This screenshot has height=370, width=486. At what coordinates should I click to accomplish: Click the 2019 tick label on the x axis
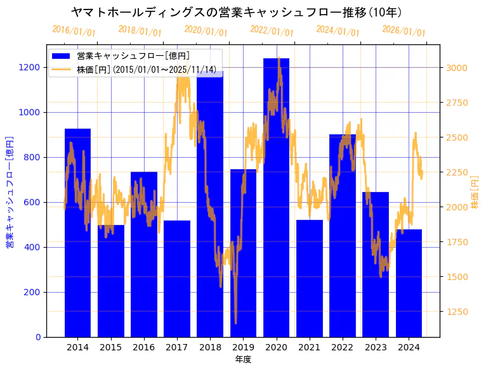click(243, 347)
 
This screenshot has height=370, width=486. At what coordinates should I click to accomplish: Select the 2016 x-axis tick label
click(144, 347)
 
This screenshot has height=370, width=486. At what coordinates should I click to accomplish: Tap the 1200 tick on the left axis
click(29, 68)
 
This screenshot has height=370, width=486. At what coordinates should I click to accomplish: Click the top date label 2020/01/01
click(206, 31)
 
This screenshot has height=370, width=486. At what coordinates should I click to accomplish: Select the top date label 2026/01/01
click(404, 32)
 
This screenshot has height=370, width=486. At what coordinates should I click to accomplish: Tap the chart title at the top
click(236, 12)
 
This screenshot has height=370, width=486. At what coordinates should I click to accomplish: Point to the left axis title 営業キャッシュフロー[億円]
click(10, 191)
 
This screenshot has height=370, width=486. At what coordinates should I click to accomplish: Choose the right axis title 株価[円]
click(475, 191)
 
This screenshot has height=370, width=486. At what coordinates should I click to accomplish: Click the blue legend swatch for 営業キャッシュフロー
click(61, 56)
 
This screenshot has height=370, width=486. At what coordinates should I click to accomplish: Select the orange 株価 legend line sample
click(61, 69)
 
